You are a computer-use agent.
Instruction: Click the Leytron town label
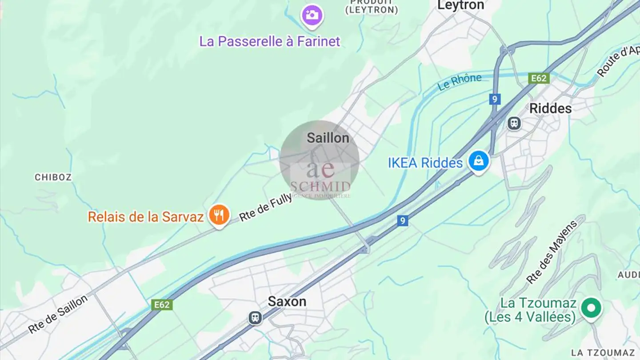tap(460, 5)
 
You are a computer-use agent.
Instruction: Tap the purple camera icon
tap(312, 15)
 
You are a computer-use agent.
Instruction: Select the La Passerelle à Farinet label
tap(269, 41)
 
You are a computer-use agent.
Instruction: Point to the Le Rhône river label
tap(460, 82)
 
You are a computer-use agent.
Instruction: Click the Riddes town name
tap(550, 108)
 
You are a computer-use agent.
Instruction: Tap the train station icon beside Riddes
tap(514, 123)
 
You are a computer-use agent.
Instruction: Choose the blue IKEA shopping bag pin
tap(478, 161)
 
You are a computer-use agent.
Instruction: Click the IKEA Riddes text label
tap(425, 163)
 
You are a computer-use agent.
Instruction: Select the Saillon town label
tap(328, 138)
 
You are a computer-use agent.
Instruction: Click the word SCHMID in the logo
tap(320, 186)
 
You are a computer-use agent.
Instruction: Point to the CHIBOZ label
tap(53, 177)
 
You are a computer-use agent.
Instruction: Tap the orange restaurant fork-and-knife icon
tap(219, 215)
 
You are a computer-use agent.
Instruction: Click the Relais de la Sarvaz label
tap(145, 217)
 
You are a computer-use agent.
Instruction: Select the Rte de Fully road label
tap(266, 207)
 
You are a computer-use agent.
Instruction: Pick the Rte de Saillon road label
tap(58, 314)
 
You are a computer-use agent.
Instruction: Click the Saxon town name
tap(287, 301)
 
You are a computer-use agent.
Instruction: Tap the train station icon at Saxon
tap(255, 317)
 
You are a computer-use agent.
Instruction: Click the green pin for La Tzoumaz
tap(592, 308)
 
